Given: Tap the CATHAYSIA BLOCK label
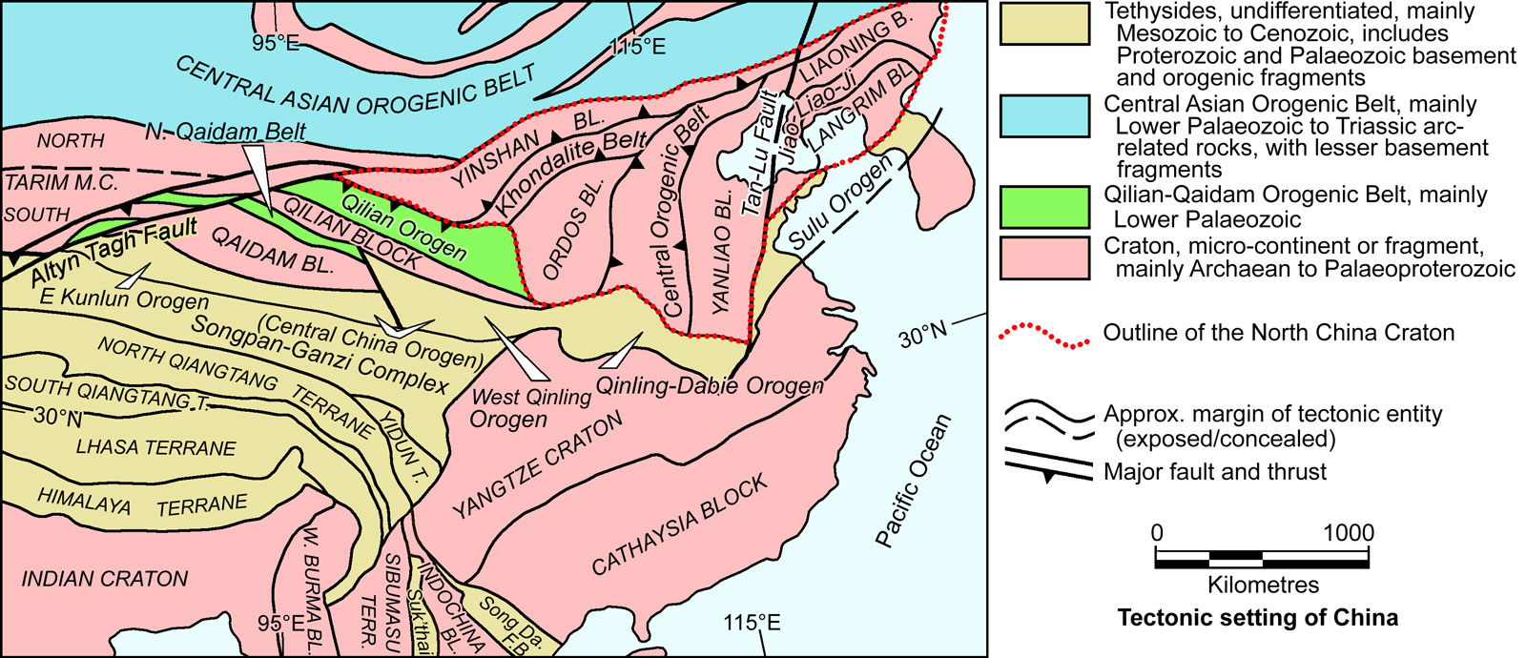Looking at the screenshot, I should point(679,524).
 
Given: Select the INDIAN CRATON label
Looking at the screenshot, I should point(105,579).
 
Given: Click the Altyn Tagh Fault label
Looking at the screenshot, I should point(114,251).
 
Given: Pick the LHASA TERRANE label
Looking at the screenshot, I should point(155,447).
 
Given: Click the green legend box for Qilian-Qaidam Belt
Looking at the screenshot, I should point(1044,208).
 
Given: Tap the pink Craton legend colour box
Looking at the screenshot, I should point(1044,257).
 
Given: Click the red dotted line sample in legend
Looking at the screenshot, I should point(1044,335).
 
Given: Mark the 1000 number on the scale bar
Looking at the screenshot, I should point(1348,533).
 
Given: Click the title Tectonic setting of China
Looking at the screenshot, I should point(1258,618).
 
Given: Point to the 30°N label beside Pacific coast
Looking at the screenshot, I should point(923,335).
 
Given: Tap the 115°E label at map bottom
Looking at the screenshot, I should point(752,624).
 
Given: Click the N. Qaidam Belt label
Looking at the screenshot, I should point(224,132).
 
